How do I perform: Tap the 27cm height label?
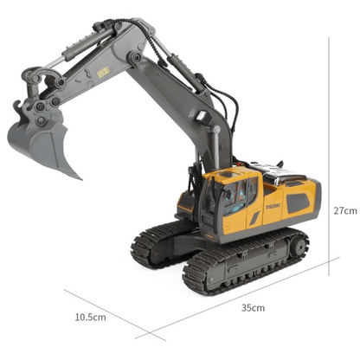pyautogui.click(x=344, y=210)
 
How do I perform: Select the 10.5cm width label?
pyautogui.click(x=90, y=318)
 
